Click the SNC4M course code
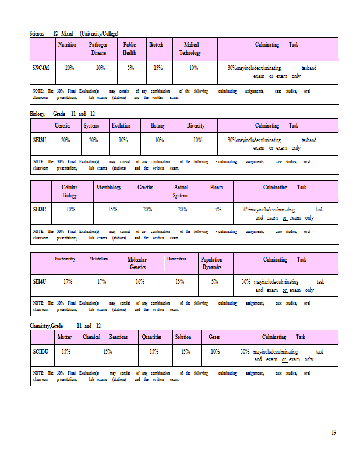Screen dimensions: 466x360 tap(41, 68)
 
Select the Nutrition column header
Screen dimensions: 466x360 tap(68, 44)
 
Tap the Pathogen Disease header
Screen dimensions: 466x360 tap(98, 48)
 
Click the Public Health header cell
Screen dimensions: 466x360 tap(129, 48)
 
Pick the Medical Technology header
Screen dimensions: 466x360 tap(190, 48)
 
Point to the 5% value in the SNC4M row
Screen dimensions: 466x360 tap(130, 68)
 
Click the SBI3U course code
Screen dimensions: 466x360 tap(40, 140)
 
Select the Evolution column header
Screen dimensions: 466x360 tap(121, 125)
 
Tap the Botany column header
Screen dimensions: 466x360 tap(158, 125)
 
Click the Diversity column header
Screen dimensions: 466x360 tap(196, 125)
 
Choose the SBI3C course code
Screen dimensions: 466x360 tap(40, 209)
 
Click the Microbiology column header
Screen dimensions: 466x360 tap(109, 187)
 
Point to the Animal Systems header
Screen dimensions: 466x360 tap(181, 191)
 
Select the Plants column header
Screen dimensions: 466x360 tap(216, 187)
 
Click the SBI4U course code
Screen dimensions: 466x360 tap(40, 281)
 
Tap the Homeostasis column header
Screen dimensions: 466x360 tap(177, 259)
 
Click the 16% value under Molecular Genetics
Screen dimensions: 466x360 tap(140, 281)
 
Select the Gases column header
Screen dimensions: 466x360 tap(214, 337)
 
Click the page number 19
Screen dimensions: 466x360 tap(334, 432)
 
